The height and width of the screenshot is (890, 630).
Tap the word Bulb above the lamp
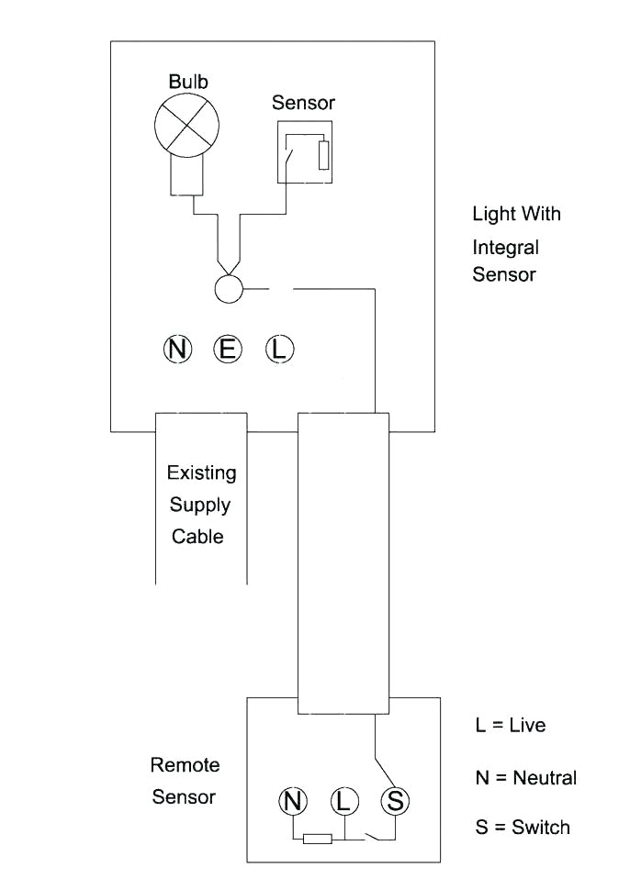(x=188, y=82)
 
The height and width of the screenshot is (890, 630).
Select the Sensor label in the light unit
(x=303, y=103)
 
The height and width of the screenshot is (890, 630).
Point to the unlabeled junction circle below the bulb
(x=228, y=289)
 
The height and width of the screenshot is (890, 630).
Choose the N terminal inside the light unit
(x=177, y=349)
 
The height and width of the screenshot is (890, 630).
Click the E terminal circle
(x=227, y=349)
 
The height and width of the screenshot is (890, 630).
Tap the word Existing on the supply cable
(x=201, y=473)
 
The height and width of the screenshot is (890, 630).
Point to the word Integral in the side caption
(x=505, y=248)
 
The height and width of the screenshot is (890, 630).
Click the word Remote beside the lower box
(x=185, y=765)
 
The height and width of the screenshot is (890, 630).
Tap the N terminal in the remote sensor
(x=293, y=801)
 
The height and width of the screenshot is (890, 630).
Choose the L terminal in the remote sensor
(x=343, y=801)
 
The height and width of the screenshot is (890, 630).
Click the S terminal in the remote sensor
(x=395, y=801)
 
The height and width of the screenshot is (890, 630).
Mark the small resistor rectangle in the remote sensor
(x=318, y=839)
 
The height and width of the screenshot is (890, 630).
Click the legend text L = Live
(x=511, y=725)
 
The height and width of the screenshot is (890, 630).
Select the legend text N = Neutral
(x=525, y=778)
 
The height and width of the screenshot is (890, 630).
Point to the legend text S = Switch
(x=523, y=827)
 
